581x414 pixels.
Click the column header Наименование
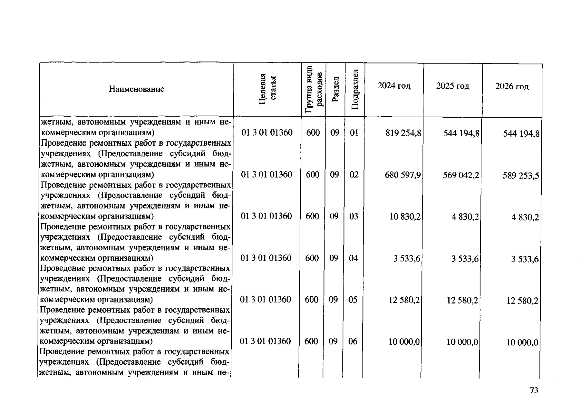click(x=137, y=89)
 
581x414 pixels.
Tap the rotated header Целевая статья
click(x=267, y=89)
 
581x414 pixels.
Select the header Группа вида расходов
click(x=314, y=89)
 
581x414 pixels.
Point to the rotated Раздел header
click(x=335, y=89)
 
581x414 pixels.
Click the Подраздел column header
click(x=355, y=89)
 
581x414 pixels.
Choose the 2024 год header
click(x=394, y=86)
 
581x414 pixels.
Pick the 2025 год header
click(x=452, y=86)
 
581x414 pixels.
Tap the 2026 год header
click(x=512, y=86)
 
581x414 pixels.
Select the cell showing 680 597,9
click(x=403, y=175)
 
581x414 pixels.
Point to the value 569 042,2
click(x=461, y=175)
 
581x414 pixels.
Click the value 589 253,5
click(x=521, y=176)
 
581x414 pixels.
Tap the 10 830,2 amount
click(x=405, y=217)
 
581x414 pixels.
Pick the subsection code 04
click(x=353, y=258)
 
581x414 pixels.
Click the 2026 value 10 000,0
click(x=522, y=343)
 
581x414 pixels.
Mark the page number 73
click(x=534, y=390)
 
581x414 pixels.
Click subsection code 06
click(x=353, y=342)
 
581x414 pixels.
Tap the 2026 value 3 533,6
click(x=524, y=259)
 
